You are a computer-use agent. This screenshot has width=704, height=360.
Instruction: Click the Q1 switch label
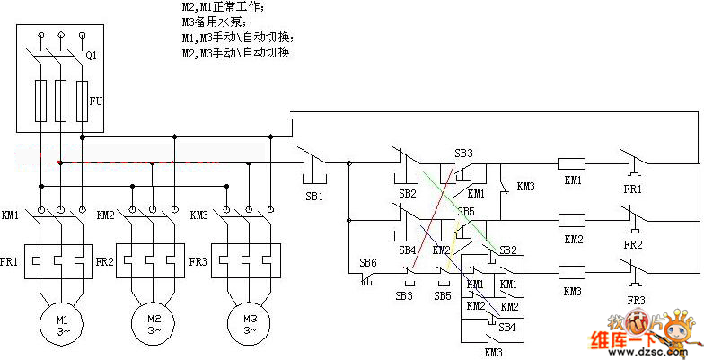click(x=91, y=56)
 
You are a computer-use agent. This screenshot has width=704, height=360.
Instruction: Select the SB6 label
click(x=368, y=263)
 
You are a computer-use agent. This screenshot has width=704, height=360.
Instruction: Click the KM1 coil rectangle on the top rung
click(x=572, y=164)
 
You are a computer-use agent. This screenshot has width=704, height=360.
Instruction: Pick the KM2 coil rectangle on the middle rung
click(x=572, y=219)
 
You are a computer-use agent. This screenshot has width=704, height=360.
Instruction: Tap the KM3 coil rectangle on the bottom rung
click(x=572, y=271)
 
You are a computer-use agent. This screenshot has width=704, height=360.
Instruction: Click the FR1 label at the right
click(x=635, y=190)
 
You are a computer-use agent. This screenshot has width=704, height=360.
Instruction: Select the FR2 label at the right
click(x=635, y=244)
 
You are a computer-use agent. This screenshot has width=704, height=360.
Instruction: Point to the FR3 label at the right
click(x=636, y=300)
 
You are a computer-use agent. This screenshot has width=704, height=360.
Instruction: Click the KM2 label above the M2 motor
click(x=104, y=215)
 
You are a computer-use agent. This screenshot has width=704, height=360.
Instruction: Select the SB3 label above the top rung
click(x=463, y=153)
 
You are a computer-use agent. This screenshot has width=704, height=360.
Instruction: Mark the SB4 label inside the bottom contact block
click(x=507, y=328)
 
